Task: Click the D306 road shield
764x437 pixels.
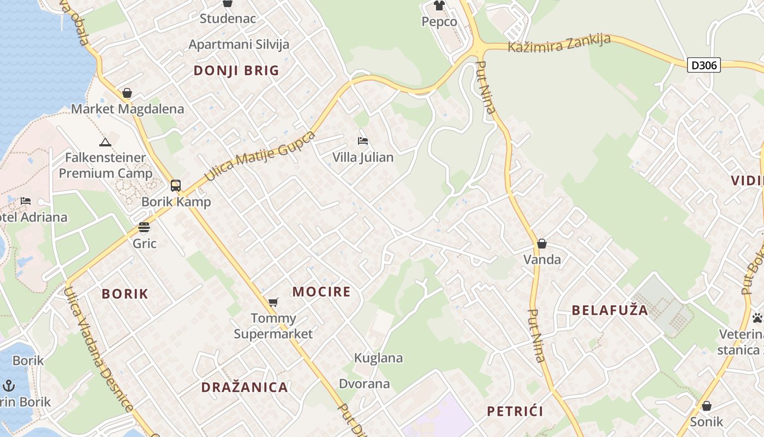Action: [x=703, y=66]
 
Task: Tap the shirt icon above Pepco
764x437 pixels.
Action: [x=439, y=5]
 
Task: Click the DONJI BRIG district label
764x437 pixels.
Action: [x=236, y=70]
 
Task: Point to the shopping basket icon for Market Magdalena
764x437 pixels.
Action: [x=127, y=93]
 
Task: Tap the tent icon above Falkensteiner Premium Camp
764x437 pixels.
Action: [x=105, y=143]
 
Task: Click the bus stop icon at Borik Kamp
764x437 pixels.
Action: [x=175, y=186]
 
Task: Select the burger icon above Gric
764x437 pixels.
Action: [x=144, y=227]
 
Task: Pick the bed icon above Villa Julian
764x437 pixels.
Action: [x=363, y=141]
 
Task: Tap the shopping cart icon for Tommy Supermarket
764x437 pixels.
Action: [x=273, y=302]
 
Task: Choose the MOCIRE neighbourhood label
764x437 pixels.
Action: [x=321, y=292]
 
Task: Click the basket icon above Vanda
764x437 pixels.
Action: [x=542, y=244]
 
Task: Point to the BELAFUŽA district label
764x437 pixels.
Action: [x=610, y=311]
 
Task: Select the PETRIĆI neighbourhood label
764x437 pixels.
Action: [x=515, y=411]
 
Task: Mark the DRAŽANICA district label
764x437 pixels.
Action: [x=244, y=387]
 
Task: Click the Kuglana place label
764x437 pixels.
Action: [x=378, y=358]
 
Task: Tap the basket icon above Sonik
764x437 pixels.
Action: [x=707, y=406]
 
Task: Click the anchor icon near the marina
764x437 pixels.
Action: [x=8, y=386]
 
